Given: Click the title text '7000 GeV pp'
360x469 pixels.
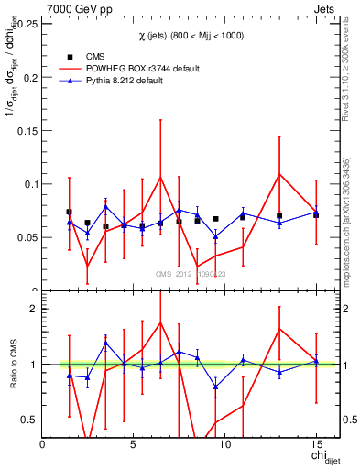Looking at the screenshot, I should pos(74,7).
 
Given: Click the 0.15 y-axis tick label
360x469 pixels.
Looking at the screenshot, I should pos(26,130).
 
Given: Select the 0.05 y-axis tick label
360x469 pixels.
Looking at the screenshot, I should pos(26,237).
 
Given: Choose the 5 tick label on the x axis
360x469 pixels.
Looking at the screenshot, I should pos(134,443).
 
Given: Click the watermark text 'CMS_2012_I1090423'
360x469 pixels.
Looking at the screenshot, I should pos(190,274).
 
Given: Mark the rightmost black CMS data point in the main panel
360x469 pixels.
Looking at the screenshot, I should pos(316,214).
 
